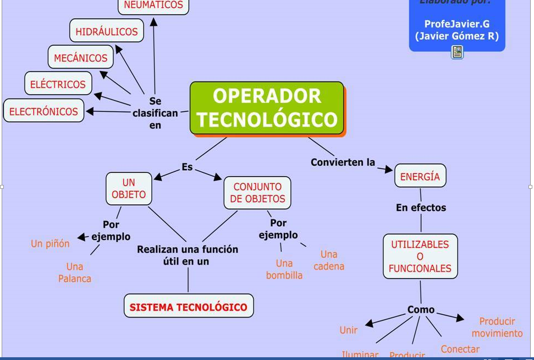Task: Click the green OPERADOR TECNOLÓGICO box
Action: [x=267, y=108]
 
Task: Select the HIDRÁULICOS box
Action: [x=107, y=31]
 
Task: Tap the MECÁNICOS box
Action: [x=80, y=58]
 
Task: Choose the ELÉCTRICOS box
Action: [x=58, y=84]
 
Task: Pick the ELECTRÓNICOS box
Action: [x=44, y=111]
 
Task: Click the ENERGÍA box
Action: [x=420, y=177]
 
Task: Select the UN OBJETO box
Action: [x=129, y=188]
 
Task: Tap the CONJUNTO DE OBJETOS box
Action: [x=257, y=193]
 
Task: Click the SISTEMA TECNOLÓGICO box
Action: [x=188, y=307]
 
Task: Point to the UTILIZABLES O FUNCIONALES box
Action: [x=420, y=257]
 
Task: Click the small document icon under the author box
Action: [x=457, y=52]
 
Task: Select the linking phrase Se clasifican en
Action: [x=155, y=113]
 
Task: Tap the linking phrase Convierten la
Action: [x=343, y=162]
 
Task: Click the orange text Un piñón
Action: [x=50, y=243]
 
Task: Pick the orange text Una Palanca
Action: [x=75, y=272]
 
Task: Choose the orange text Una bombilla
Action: [x=284, y=269]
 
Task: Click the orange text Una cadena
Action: [x=329, y=260]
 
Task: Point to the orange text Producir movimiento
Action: [x=497, y=327]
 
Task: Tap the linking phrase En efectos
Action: [x=421, y=208]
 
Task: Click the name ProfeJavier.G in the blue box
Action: [x=456, y=24]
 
